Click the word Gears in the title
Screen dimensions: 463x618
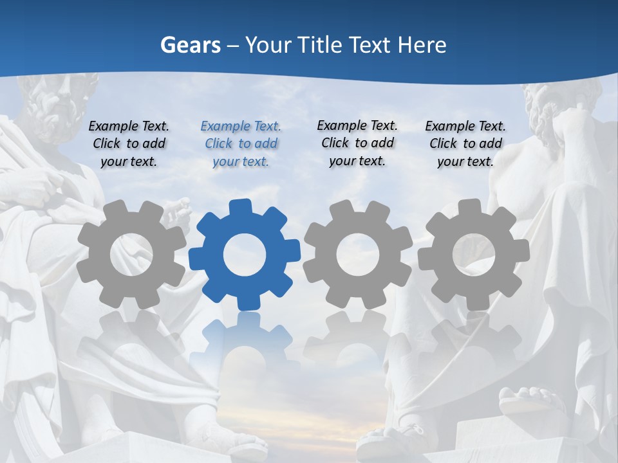point(189,45)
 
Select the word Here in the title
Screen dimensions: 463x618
point(422,45)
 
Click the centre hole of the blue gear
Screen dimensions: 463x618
point(245,255)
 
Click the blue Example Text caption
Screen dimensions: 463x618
point(241,143)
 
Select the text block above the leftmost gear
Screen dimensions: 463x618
point(129,143)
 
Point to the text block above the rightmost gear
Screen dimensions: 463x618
point(465,143)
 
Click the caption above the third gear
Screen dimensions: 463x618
point(357,143)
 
